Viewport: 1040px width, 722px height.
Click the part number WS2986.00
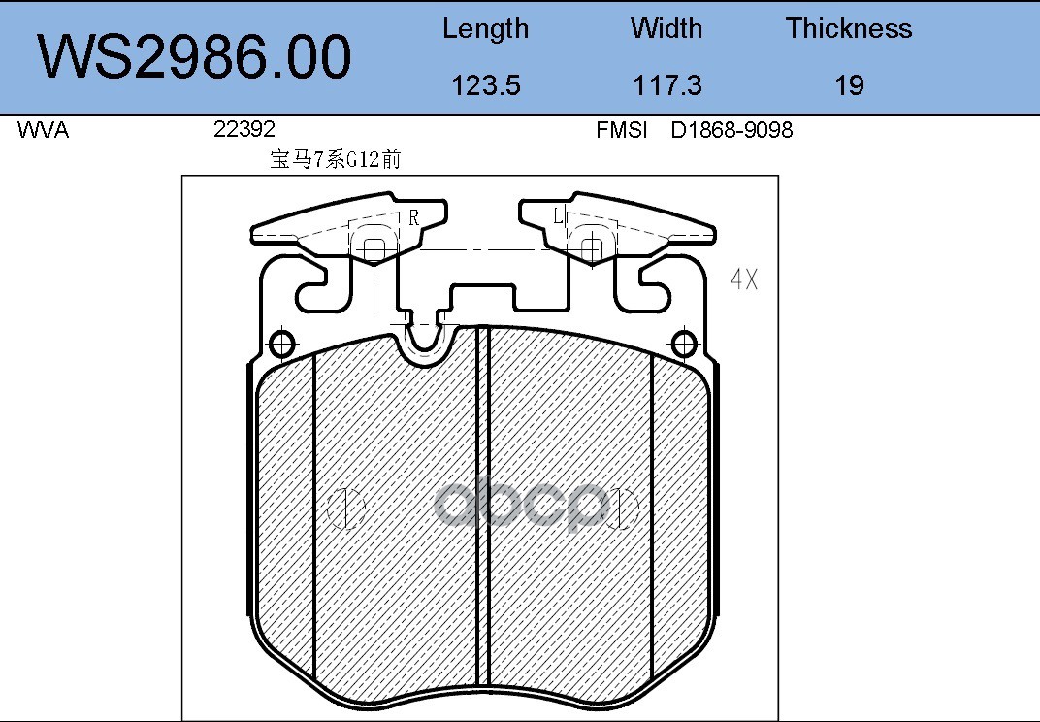[194, 57]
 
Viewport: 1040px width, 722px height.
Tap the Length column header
[485, 29]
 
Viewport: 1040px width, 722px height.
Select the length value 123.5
[485, 85]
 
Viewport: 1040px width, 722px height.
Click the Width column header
[666, 28]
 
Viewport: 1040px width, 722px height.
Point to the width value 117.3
[666, 85]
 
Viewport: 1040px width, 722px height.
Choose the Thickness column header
[849, 28]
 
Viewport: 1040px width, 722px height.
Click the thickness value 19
[849, 85]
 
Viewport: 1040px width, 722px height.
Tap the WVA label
[43, 129]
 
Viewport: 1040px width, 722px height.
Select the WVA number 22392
[244, 129]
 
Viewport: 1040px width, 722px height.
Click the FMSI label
[622, 129]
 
